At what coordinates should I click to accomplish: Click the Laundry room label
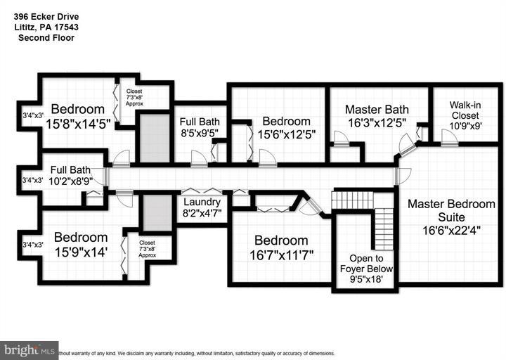pyautogui.click(x=202, y=200)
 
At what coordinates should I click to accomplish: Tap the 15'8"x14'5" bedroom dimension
pyautogui.click(x=77, y=122)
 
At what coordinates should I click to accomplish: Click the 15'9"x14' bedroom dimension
pyautogui.click(x=82, y=251)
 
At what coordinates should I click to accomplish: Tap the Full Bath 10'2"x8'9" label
pyautogui.click(x=70, y=174)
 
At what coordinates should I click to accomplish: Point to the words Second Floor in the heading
pyautogui.click(x=46, y=37)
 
